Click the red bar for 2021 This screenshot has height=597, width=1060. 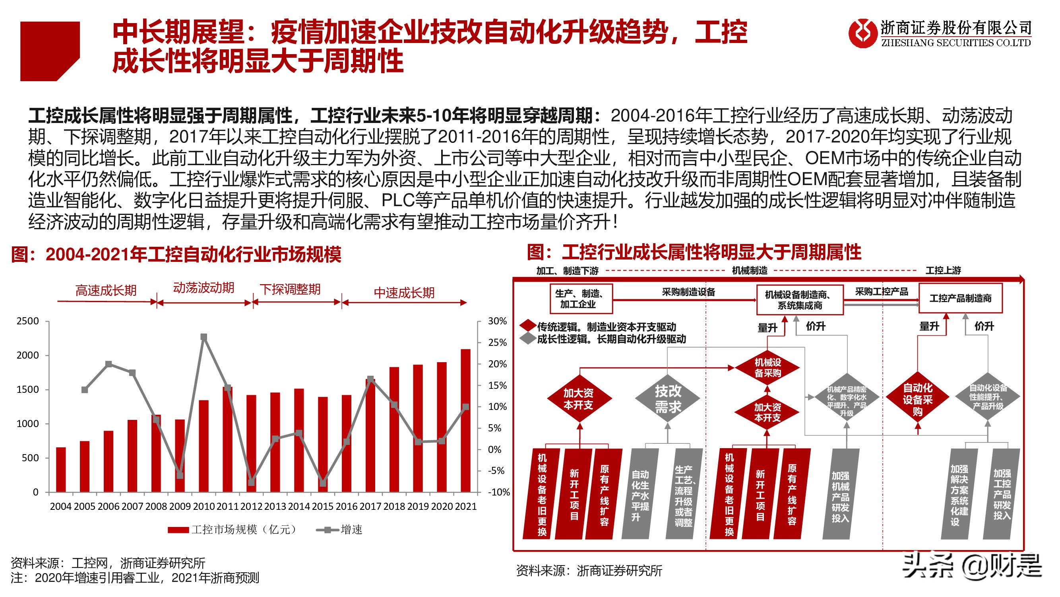click(x=465, y=420)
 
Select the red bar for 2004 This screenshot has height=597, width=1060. click(x=61, y=470)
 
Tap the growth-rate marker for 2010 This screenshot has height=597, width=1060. click(x=203, y=337)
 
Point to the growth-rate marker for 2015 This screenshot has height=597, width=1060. click(x=323, y=483)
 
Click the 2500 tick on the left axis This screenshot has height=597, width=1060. click(x=27, y=321)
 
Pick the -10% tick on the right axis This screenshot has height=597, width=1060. click(x=499, y=492)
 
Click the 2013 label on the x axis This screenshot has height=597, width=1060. click(x=275, y=506)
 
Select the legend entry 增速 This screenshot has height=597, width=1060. click(x=340, y=529)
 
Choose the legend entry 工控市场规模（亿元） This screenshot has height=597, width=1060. click(x=233, y=529)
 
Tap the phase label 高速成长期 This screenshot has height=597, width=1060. click(x=106, y=291)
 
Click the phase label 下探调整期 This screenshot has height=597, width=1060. click(x=290, y=289)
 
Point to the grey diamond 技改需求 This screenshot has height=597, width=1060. click(x=667, y=398)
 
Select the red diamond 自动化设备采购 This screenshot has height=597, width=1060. click(x=917, y=399)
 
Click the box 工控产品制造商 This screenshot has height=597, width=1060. click(x=960, y=298)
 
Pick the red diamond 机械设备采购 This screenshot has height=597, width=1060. click(x=767, y=367)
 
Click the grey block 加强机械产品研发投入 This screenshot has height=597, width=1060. click(x=840, y=494)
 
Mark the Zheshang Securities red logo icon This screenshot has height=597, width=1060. click(x=862, y=34)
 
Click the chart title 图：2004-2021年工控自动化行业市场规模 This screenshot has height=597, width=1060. click(x=176, y=254)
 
